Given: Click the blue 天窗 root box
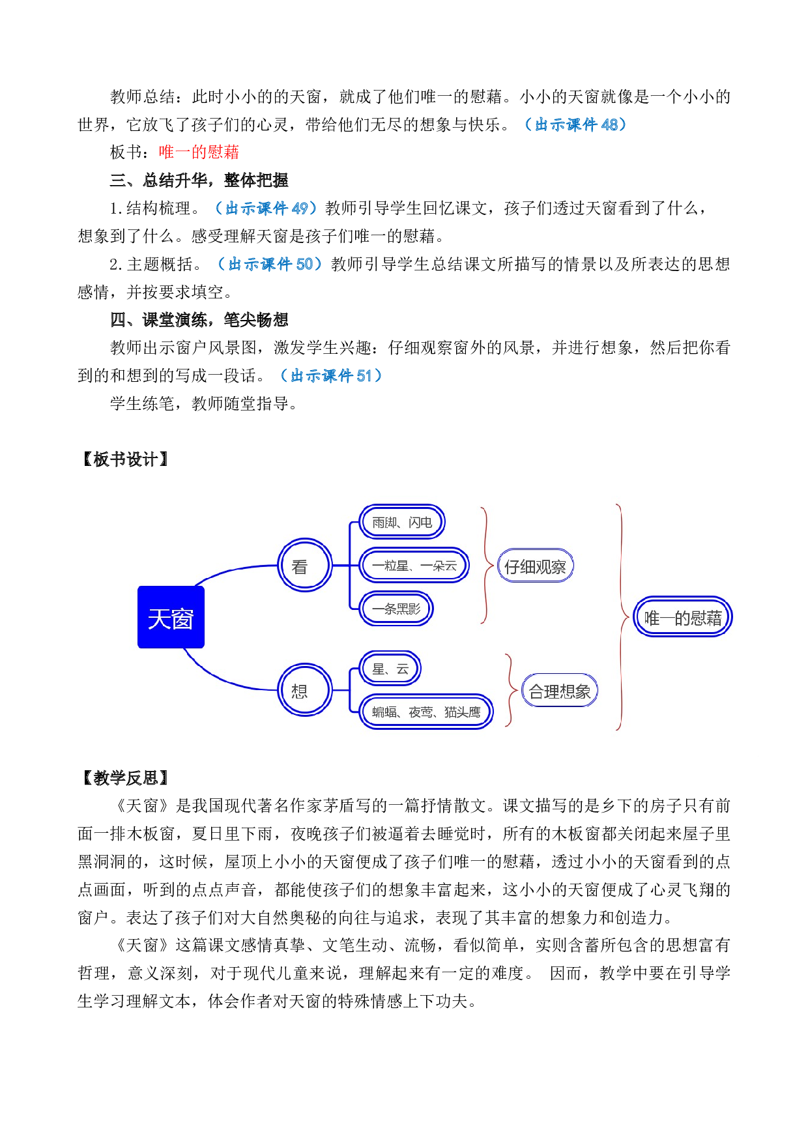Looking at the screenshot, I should [x=171, y=617].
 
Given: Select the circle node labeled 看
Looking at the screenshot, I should [x=304, y=565].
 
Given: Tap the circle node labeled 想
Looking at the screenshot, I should [x=304, y=689].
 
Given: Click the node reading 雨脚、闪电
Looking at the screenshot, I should [x=402, y=521].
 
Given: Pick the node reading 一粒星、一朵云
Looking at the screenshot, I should [x=414, y=565].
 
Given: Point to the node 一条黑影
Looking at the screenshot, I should [x=396, y=609].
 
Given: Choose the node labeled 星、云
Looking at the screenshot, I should [x=390, y=668].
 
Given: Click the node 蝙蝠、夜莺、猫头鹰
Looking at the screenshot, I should [x=426, y=712].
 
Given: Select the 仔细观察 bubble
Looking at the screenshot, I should [x=535, y=566].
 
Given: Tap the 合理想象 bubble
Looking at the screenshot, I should [x=560, y=691].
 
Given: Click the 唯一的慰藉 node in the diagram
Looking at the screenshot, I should [x=683, y=616].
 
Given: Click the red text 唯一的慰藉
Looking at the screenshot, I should [x=199, y=152].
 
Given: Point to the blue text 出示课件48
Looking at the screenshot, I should [x=575, y=124].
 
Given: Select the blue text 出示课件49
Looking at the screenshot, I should [x=266, y=208].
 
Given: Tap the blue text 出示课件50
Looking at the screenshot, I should [x=270, y=264].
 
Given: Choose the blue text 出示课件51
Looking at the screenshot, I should [x=331, y=375].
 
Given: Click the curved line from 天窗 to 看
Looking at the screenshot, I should [x=228, y=571].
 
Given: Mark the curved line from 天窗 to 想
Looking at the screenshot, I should [x=222, y=678].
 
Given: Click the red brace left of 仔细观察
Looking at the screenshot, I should [x=485, y=566].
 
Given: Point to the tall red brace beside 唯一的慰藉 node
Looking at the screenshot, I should [x=622, y=616].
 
